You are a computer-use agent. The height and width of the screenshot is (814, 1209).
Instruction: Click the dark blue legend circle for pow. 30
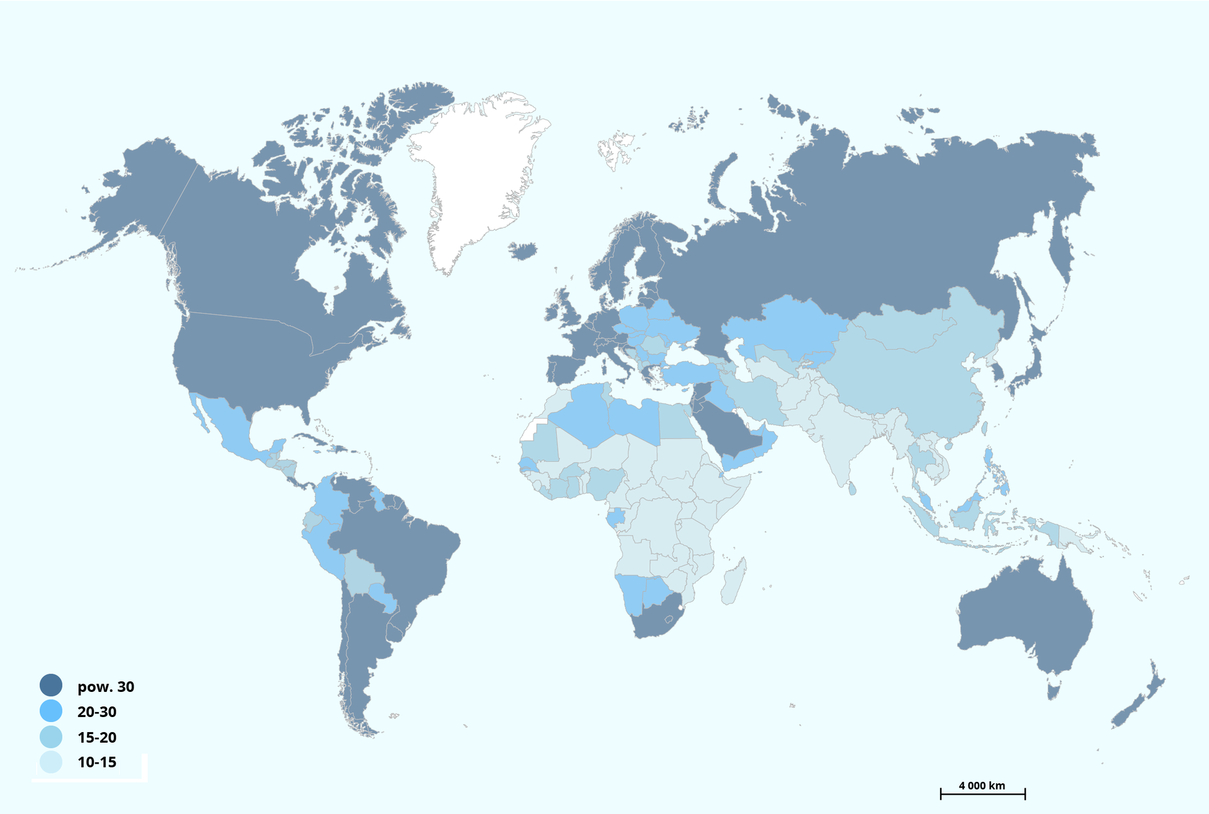[51, 686]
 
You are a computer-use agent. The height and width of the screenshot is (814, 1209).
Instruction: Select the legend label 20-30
[97, 712]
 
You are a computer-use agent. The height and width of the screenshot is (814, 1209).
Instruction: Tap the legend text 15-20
[97, 737]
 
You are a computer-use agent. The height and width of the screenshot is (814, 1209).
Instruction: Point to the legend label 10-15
[97, 762]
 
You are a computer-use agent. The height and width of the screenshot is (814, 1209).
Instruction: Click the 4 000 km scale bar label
[982, 786]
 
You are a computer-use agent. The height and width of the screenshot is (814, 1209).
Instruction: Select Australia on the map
[1026, 617]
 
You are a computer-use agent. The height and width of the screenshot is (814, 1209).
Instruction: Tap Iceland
[523, 251]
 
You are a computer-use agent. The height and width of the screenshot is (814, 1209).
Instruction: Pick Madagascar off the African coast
[733, 582]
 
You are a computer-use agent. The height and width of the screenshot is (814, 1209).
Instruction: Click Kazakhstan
[787, 327]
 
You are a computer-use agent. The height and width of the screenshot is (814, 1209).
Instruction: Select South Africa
[655, 620]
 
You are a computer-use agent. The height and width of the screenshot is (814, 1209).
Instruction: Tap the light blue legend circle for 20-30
[51, 711]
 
